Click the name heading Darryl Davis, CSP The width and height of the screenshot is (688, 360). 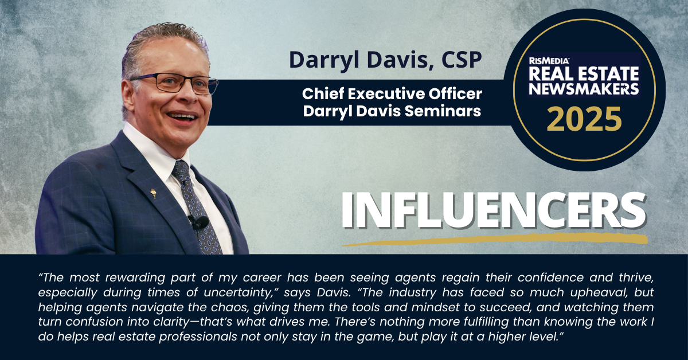[385, 60]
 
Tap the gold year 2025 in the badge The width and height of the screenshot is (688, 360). [584, 119]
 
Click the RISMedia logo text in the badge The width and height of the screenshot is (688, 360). [549, 61]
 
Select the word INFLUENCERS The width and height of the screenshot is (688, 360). [494, 210]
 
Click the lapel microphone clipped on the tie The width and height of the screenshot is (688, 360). [199, 222]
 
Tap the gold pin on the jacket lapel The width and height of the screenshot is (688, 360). [153, 194]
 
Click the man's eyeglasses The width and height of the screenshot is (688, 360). [174, 83]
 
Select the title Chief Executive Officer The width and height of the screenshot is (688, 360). [392, 93]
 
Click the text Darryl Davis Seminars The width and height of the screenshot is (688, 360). [392, 111]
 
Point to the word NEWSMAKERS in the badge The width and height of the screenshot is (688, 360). [584, 89]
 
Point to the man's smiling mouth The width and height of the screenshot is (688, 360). [182, 117]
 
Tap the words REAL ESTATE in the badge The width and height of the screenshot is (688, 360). [584, 74]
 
